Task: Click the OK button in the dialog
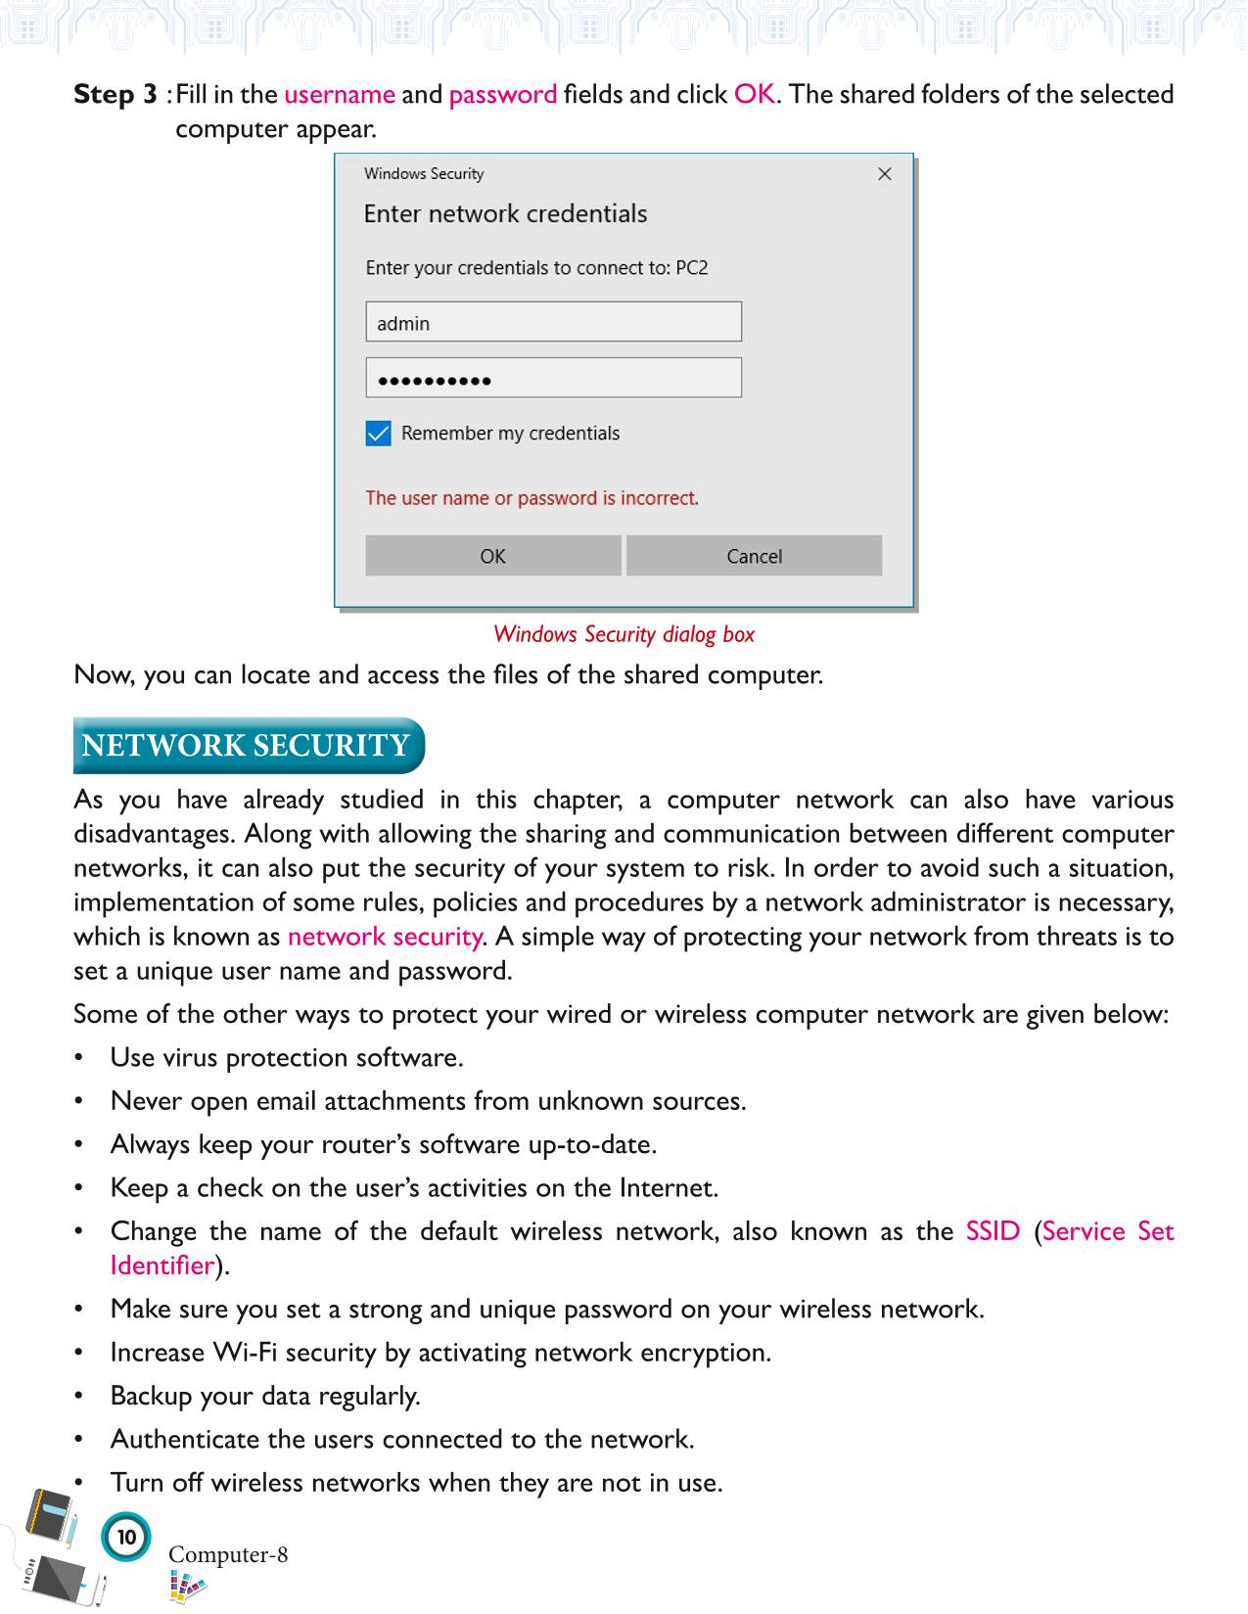(492, 556)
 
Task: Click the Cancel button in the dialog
(754, 556)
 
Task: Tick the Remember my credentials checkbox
(379, 434)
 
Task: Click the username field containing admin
(553, 323)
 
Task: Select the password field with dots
(553, 379)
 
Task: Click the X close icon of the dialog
(885, 174)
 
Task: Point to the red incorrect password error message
(532, 498)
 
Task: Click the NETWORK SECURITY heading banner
(247, 746)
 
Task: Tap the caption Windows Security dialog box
(624, 634)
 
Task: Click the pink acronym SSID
(993, 1231)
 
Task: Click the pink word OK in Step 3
(754, 95)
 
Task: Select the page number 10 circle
(126, 1537)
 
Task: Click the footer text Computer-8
(228, 1554)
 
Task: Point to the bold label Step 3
(116, 95)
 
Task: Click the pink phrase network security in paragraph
(385, 937)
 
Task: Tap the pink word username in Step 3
(340, 95)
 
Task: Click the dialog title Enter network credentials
(505, 214)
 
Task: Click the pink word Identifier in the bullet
(162, 1266)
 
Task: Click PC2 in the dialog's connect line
(691, 268)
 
